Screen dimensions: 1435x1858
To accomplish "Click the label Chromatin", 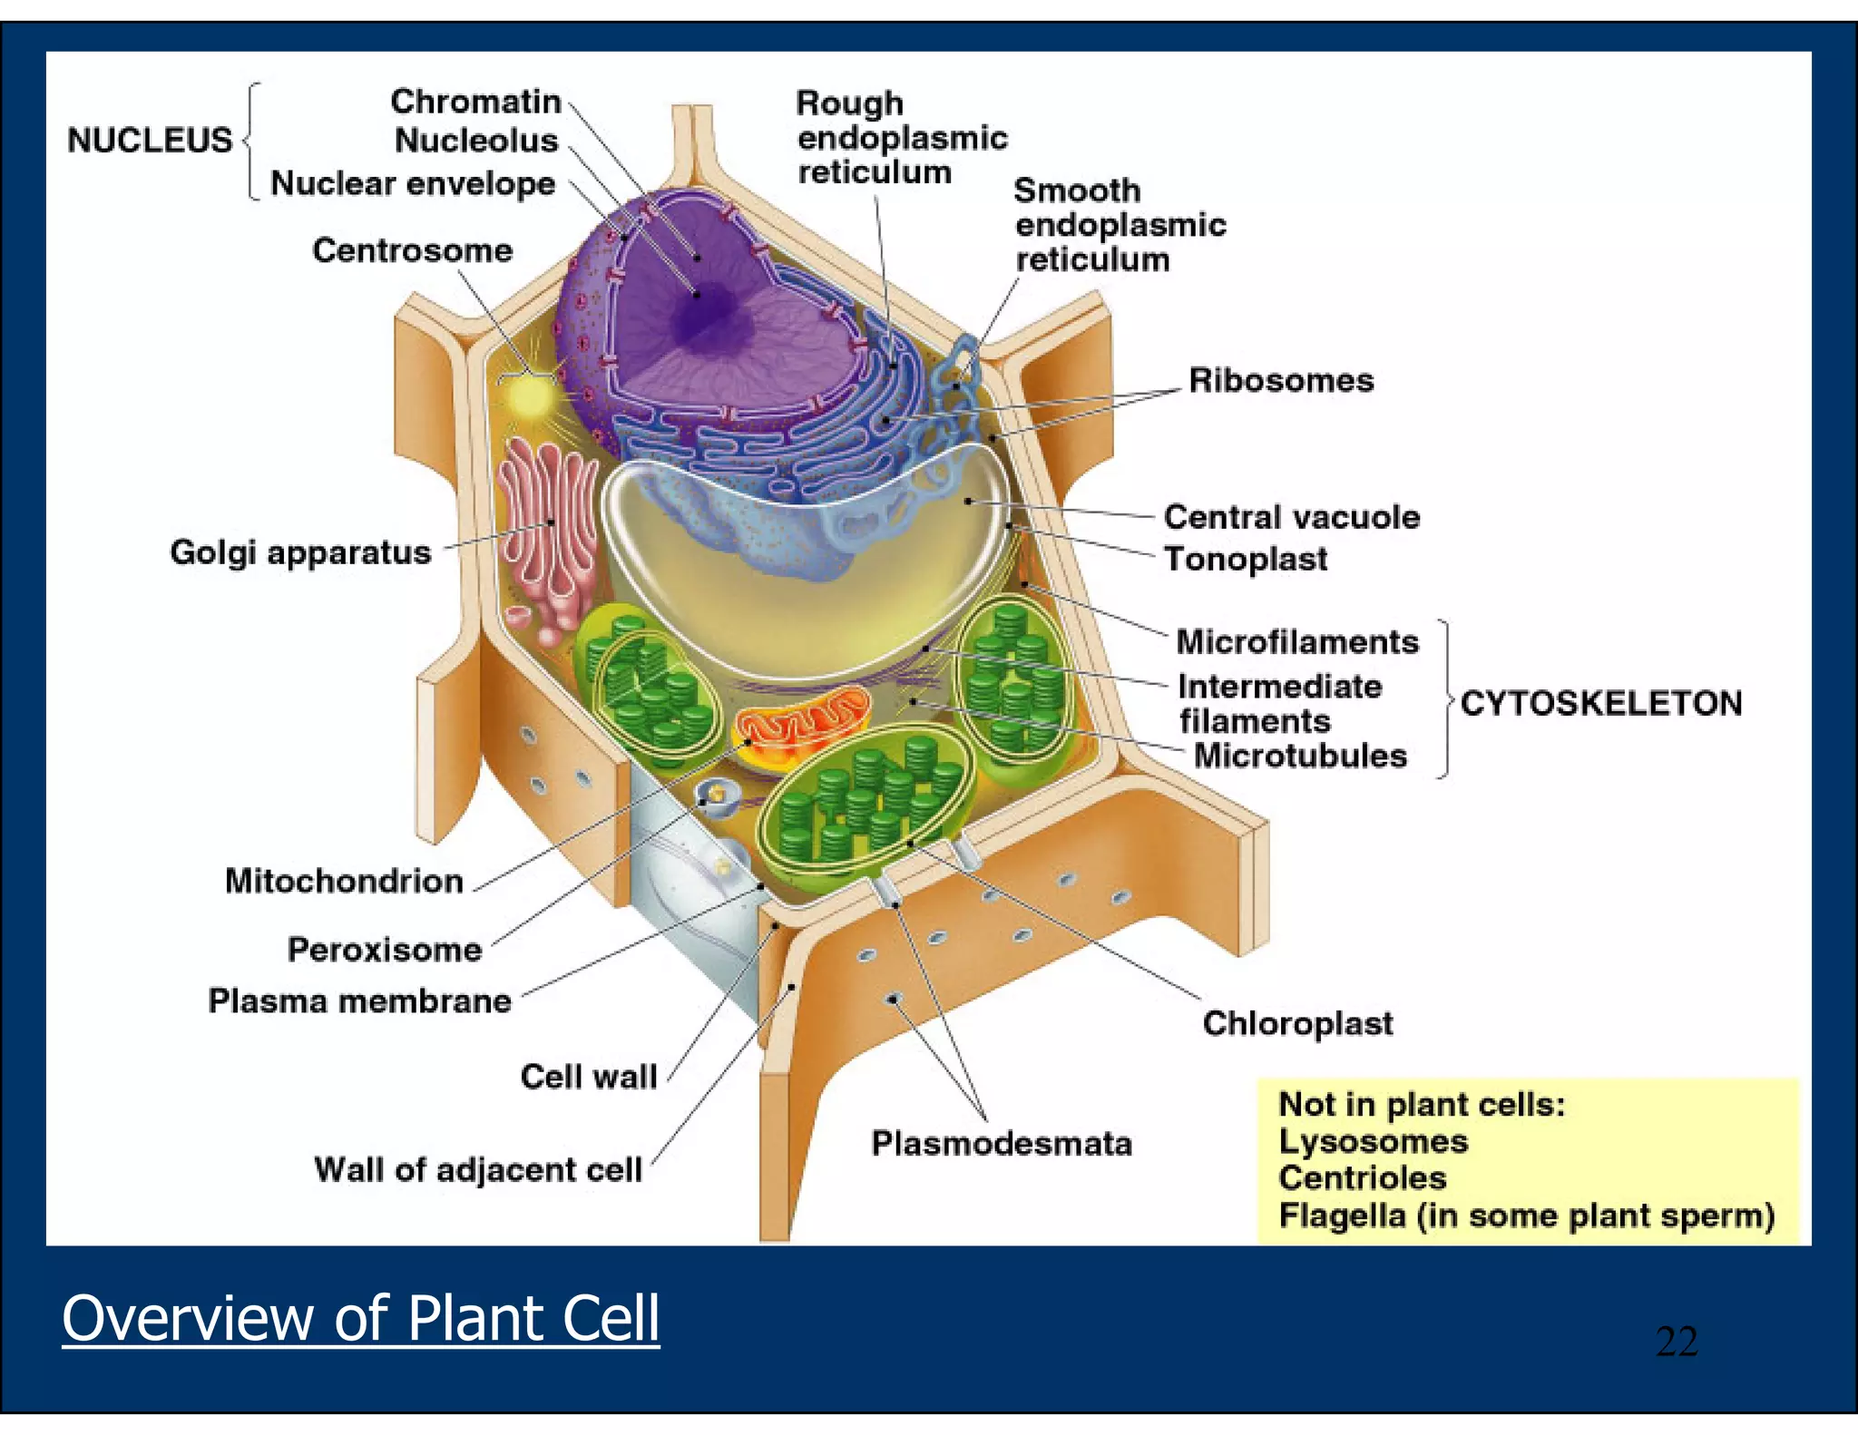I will (x=475, y=102).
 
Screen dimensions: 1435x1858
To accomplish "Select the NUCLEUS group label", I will (x=150, y=141).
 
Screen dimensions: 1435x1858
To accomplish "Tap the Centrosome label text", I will (x=412, y=250).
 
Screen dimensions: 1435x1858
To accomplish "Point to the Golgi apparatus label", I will (x=300, y=552).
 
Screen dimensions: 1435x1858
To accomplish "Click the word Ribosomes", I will (x=1280, y=380).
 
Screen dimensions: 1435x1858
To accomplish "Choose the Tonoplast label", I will (x=1245, y=559).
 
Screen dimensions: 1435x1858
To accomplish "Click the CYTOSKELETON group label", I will (x=1600, y=703).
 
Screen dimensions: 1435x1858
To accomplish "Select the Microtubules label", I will (x=1299, y=756).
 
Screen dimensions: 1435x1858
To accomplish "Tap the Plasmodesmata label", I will (x=1001, y=1143).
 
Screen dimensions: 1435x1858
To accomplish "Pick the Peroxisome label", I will (x=384, y=950).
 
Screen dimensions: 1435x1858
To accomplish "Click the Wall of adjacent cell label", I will (x=477, y=1170).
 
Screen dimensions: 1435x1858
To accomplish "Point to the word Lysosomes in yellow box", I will (x=1373, y=1141).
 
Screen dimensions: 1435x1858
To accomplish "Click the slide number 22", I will (x=1676, y=1342).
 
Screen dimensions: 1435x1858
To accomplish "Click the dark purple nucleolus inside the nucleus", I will (x=703, y=308).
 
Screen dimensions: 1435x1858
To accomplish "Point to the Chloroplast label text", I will (x=1296, y=1023).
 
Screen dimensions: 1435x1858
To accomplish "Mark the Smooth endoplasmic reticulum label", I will (x=1119, y=225).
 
